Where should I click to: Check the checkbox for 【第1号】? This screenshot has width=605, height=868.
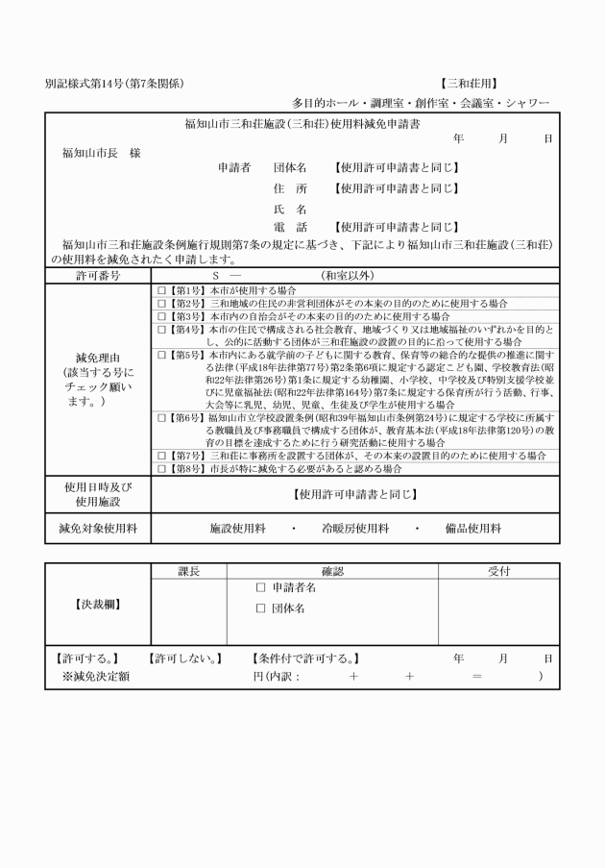[x=161, y=289]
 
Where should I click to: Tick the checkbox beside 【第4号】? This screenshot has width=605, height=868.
[x=161, y=329]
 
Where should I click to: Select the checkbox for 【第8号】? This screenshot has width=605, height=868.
[x=161, y=468]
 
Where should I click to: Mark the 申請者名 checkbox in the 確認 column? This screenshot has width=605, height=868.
[x=261, y=586]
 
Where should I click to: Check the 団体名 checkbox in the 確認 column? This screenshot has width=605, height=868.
[x=261, y=608]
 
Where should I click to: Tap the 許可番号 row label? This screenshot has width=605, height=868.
[x=98, y=275]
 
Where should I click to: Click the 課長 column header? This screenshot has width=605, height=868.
[x=189, y=571]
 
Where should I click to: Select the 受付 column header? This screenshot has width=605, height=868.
[x=497, y=571]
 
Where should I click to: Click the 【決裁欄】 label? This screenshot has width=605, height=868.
[x=97, y=606]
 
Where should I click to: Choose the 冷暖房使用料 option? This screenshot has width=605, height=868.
[x=355, y=528]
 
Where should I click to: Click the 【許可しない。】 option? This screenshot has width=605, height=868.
[x=185, y=658]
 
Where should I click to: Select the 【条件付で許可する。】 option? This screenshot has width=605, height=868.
[x=305, y=658]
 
